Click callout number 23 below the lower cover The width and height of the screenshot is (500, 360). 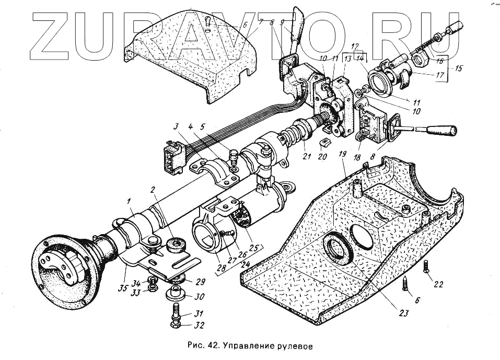click(x=403, y=313)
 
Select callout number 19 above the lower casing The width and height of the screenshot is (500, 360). click(x=342, y=155)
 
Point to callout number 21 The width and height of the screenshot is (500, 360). click(x=304, y=156)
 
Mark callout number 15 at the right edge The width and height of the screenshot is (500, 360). click(x=459, y=68)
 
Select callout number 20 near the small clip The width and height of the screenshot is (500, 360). click(x=323, y=157)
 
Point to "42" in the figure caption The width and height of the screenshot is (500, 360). click(x=215, y=345)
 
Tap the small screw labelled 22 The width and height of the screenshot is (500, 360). click(x=426, y=268)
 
